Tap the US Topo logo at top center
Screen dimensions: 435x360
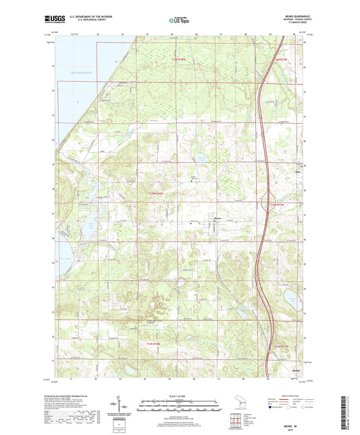[x=178, y=22]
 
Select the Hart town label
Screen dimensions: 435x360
[x=297, y=172]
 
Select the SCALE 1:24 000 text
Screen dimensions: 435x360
[x=180, y=396]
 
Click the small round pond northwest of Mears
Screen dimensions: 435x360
[x=200, y=160]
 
